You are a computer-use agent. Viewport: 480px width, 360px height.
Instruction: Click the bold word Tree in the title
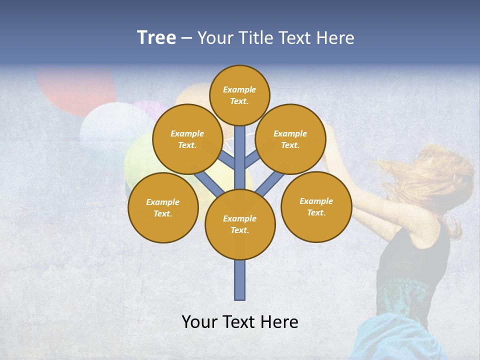point(156,38)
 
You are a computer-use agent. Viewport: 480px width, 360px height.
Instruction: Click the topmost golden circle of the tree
point(239,95)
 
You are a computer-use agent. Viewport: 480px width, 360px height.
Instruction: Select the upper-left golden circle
point(187,139)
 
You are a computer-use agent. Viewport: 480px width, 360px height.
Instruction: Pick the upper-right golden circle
point(290,139)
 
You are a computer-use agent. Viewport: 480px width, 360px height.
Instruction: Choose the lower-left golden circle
point(163,207)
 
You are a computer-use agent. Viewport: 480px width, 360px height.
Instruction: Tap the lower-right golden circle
point(316,206)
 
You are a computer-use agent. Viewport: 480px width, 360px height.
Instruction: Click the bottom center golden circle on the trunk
point(240,224)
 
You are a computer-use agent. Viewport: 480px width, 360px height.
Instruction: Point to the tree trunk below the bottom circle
point(240,280)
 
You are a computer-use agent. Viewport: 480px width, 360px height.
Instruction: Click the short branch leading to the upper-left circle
point(226,159)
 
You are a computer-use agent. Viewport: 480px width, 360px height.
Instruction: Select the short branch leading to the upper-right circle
point(252,159)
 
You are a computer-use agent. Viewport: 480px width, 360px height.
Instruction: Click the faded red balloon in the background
point(75,90)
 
